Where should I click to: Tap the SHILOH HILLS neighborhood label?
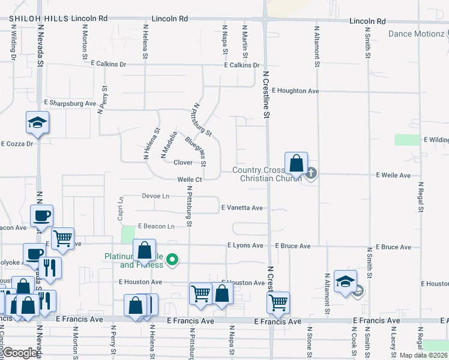tap(38, 19)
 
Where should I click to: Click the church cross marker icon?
tap(310, 175)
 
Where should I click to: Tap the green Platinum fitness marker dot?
tap(173, 260)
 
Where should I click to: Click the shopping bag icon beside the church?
tap(297, 163)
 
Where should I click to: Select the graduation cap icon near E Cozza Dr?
tap(37, 123)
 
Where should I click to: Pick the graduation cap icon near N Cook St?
tap(346, 281)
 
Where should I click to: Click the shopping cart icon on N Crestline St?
tap(279, 303)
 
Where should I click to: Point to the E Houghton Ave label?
tap(295, 91)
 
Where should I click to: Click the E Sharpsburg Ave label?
tap(70, 103)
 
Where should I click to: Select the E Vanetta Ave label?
tap(242, 208)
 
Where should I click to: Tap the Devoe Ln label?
tap(155, 196)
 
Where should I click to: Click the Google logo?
tap(20, 353)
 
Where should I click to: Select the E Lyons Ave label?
tap(245, 245)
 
